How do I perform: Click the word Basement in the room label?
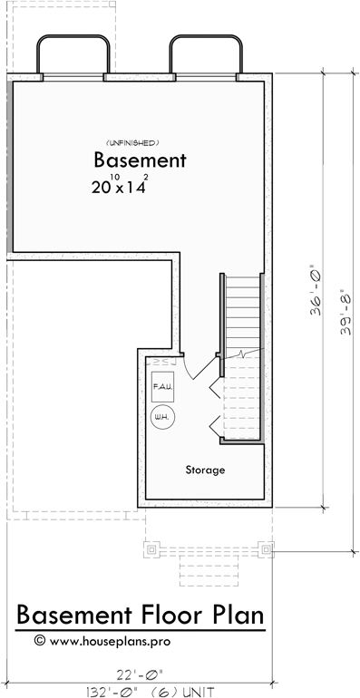pos(140,161)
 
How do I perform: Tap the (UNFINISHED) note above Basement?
pos(132,143)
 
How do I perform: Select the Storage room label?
pos(205,470)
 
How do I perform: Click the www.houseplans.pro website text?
pos(122,639)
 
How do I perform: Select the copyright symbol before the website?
pos(39,639)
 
